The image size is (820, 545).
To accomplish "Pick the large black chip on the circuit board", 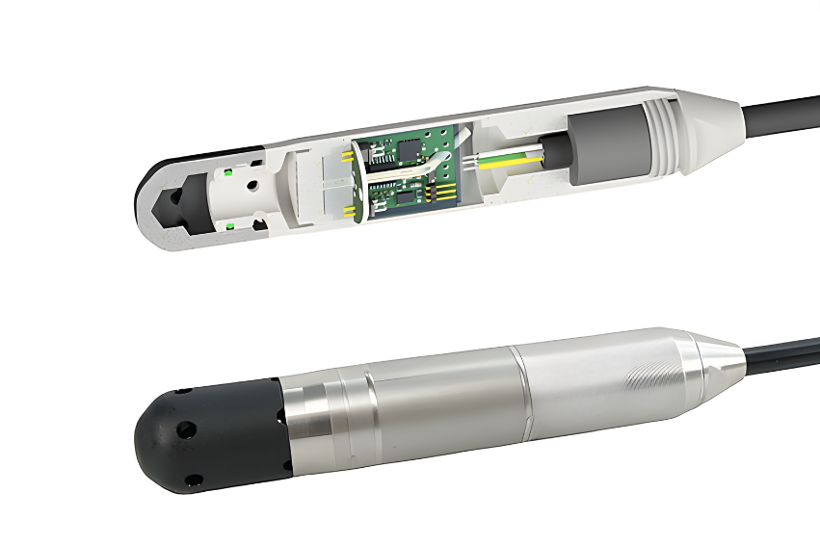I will [x=410, y=149].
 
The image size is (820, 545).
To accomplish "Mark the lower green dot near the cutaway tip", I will [x=228, y=226].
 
